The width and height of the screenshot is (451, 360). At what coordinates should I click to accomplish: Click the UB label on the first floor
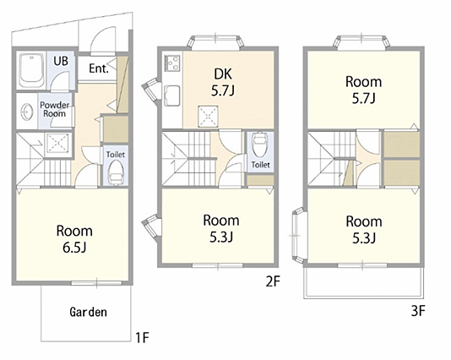[61, 61]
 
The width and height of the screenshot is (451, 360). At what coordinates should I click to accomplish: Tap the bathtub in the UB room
[31, 70]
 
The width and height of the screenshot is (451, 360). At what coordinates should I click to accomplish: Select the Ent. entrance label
[98, 68]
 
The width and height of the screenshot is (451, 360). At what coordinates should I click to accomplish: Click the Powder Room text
[54, 109]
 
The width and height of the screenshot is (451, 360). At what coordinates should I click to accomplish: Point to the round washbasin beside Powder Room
[27, 111]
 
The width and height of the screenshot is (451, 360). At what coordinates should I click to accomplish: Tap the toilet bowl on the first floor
[116, 172]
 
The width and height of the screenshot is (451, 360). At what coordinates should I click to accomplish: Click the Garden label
[88, 312]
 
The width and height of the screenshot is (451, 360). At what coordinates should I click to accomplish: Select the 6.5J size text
[74, 248]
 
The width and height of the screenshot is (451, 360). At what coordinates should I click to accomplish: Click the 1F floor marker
[143, 337]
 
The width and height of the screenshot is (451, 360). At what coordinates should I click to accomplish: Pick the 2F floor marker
[273, 281]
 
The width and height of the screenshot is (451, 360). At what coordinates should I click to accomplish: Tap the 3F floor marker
[418, 311]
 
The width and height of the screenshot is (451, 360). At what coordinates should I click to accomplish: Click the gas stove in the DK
[172, 63]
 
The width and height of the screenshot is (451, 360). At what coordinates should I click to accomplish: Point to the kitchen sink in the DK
[172, 95]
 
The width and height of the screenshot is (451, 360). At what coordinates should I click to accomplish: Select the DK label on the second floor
[223, 74]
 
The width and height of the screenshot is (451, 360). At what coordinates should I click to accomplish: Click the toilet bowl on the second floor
[259, 142]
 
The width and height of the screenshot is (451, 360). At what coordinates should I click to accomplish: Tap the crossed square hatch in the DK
[208, 117]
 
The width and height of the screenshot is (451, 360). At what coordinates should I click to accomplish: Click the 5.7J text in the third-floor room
[363, 99]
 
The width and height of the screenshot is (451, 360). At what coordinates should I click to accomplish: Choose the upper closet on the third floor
[401, 145]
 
